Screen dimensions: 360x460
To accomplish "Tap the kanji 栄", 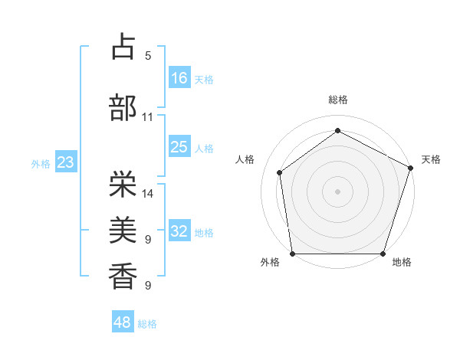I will (123, 184).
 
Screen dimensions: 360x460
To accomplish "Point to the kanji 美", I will (123, 229).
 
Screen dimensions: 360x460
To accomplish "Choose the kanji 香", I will (123, 274).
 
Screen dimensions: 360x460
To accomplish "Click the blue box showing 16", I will (179, 78).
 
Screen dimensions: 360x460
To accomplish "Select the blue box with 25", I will (179, 148).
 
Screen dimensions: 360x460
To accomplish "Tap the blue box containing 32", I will (179, 232).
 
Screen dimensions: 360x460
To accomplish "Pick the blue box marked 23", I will (65, 163).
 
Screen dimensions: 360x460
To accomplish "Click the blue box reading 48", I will (123, 322).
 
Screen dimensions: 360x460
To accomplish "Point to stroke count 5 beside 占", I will (148, 56).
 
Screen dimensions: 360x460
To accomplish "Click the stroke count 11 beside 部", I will (148, 117).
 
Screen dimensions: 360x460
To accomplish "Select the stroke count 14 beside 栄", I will (148, 194).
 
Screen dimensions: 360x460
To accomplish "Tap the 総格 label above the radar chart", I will (337, 100).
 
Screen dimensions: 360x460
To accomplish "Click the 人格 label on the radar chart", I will (245, 159).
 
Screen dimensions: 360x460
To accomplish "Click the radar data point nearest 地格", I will (383, 254).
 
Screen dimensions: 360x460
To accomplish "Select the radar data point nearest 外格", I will (292, 254).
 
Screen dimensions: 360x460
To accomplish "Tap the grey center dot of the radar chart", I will (337, 191).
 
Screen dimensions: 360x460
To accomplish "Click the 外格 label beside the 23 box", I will (40, 164).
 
